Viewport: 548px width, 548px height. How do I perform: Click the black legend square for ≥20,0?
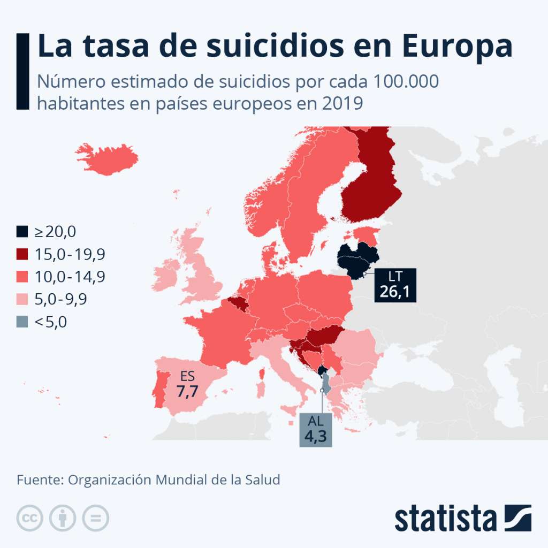tap(22, 232)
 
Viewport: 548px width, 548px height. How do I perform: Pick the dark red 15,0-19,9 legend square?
tap(22, 254)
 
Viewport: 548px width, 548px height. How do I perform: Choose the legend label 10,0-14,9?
tap(70, 277)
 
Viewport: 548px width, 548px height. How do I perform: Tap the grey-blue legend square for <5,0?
tap(22, 322)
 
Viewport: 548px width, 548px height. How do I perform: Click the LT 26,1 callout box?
tap(395, 285)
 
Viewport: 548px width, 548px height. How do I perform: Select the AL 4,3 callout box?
tap(315, 429)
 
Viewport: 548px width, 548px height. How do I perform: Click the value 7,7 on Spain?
tap(187, 391)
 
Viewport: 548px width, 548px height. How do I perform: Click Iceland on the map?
tap(107, 158)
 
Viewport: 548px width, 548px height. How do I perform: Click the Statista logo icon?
tap(517, 517)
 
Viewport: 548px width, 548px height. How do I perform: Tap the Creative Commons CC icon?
tap(30, 517)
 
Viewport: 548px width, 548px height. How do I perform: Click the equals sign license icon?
tap(95, 517)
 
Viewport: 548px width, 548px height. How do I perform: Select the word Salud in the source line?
tap(262, 479)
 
